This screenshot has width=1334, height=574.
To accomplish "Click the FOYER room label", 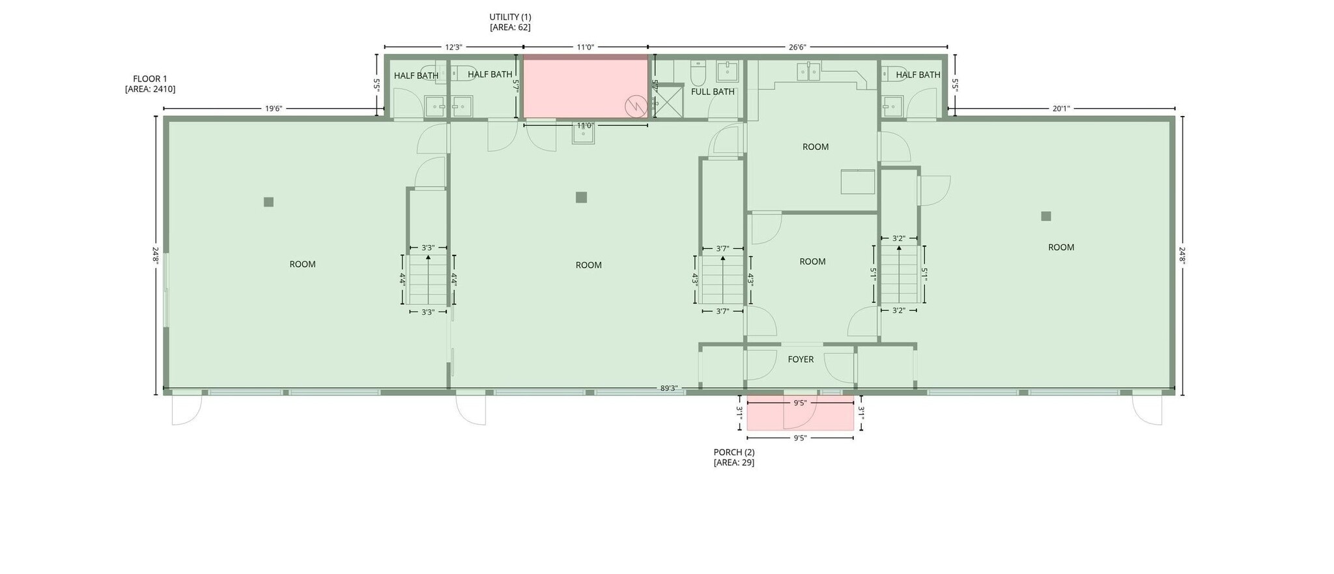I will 801,360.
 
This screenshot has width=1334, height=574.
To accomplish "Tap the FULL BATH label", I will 713,92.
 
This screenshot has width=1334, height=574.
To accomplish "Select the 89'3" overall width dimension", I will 669,388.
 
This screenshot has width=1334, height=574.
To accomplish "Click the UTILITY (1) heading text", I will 510,17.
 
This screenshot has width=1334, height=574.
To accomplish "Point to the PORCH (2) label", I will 734,452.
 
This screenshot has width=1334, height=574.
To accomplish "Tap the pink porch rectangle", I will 800,417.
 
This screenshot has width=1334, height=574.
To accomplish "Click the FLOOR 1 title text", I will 150,79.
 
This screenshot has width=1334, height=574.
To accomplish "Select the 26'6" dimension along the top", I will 797,47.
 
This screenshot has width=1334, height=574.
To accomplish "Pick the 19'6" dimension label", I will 274,109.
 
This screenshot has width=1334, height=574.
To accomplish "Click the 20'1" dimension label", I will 1061,109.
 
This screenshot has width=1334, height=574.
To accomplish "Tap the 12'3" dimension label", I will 453,47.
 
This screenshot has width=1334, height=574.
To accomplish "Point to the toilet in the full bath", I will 698,74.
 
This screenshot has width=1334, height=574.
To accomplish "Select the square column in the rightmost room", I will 1046,216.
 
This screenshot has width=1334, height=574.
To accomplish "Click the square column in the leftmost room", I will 268,202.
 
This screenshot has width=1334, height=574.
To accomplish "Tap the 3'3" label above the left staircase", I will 428,248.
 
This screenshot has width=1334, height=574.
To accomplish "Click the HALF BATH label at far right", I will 918,75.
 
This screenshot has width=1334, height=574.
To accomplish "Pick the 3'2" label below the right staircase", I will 898,311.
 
